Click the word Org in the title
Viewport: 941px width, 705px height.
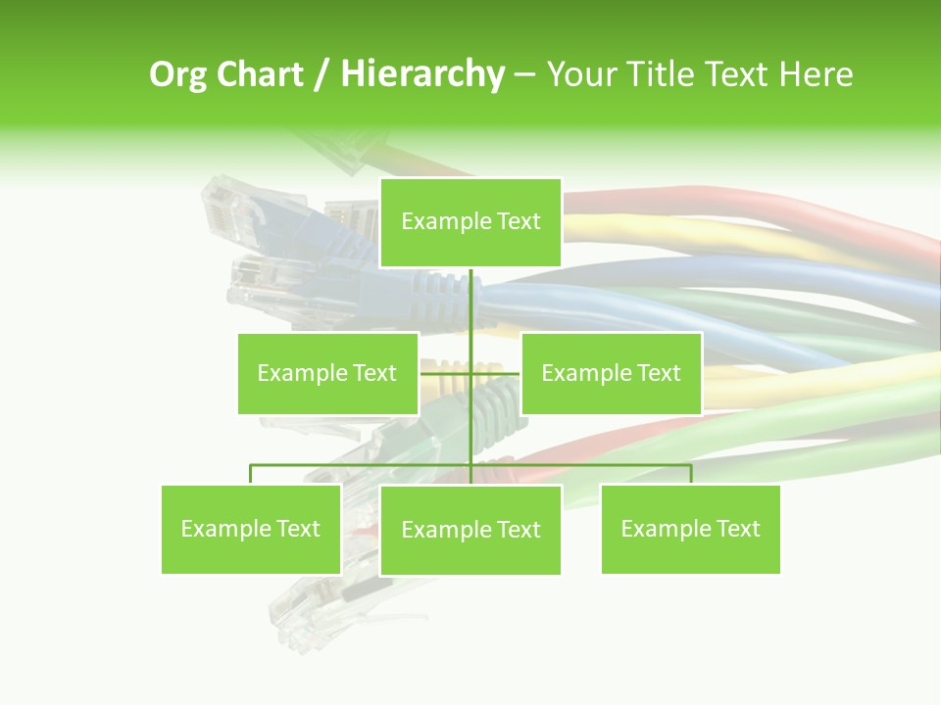[x=179, y=74]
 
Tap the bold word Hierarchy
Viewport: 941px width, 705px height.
[x=422, y=74]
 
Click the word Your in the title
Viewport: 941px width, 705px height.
[x=578, y=74]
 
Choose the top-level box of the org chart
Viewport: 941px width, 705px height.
[x=470, y=222]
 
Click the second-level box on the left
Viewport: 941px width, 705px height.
[x=327, y=373]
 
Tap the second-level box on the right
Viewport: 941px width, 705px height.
[x=611, y=373]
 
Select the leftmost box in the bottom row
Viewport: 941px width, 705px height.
[x=251, y=529]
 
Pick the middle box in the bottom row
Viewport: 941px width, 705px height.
[x=470, y=530]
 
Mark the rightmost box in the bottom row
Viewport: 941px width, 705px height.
[x=690, y=529]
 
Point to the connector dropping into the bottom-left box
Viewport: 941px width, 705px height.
[x=251, y=474]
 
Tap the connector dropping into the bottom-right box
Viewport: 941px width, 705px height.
[x=690, y=474]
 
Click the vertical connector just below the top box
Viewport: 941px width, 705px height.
[x=470, y=294]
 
